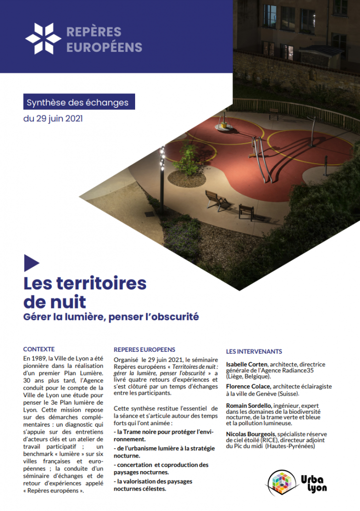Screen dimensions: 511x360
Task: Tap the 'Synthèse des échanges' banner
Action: (78, 103)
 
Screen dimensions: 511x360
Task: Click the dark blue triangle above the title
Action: (31, 263)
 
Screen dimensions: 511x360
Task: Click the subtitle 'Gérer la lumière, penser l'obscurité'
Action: (111, 316)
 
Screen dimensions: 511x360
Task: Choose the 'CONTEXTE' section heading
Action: (39, 349)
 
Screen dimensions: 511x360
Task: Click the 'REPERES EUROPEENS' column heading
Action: (145, 350)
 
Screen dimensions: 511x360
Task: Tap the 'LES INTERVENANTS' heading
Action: (254, 351)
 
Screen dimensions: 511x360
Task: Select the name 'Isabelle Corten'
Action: (246, 364)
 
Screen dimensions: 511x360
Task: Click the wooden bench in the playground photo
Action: (217, 199)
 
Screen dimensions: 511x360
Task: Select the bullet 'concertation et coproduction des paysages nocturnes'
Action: (161, 469)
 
